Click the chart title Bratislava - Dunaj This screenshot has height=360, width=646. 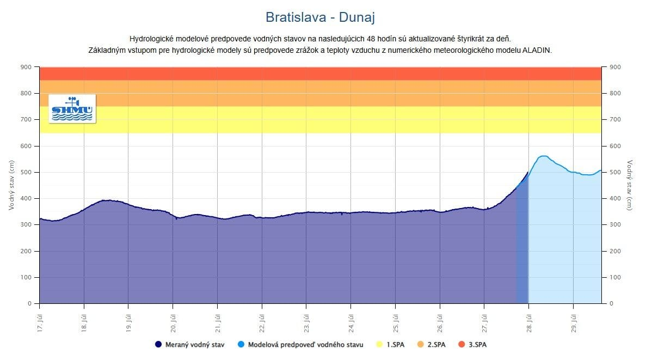coord(320,17)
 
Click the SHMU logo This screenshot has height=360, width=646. coord(72,108)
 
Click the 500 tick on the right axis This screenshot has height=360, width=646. coord(614,172)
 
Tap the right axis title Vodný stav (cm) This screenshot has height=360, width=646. coord(630,185)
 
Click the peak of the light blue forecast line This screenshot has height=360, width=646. coord(543,156)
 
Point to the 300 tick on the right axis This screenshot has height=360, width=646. coord(614,224)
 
